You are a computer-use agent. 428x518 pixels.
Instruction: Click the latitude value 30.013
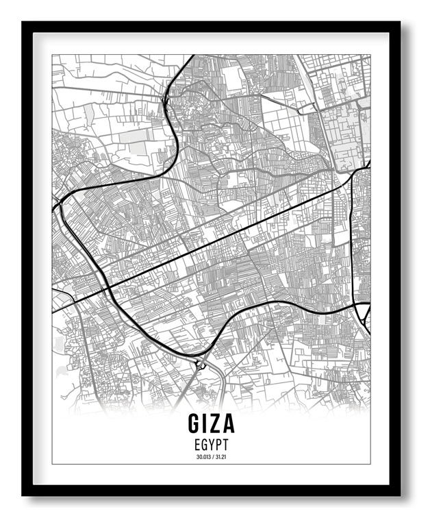(203, 457)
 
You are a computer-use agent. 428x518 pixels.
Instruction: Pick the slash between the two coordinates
(214, 457)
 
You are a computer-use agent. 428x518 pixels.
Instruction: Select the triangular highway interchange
(362, 314)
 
